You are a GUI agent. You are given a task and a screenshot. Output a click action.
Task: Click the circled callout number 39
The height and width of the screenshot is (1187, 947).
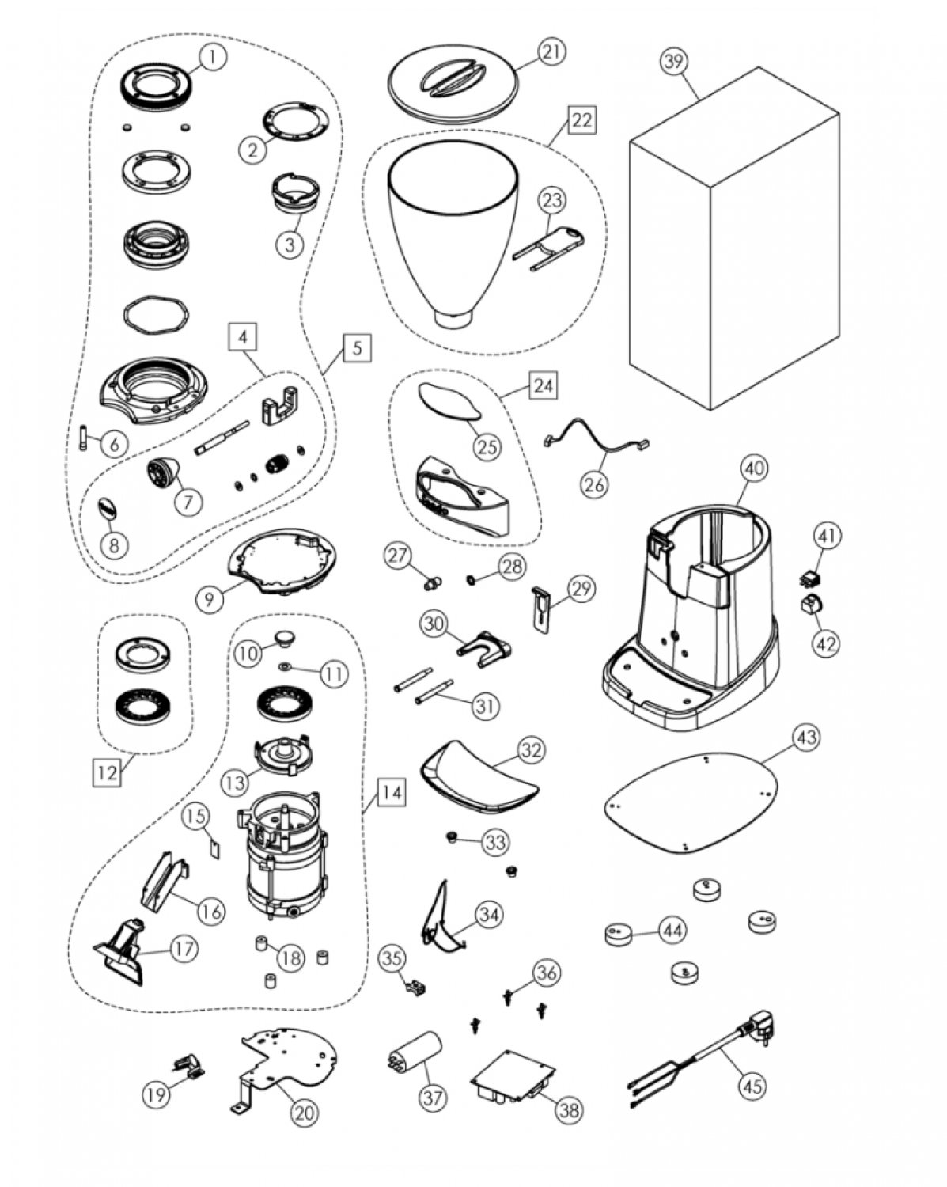pyautogui.click(x=673, y=63)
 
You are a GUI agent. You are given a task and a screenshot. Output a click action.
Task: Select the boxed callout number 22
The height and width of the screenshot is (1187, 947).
pyautogui.click(x=581, y=120)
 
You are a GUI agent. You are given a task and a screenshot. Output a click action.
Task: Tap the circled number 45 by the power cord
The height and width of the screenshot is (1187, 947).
pyautogui.click(x=752, y=1086)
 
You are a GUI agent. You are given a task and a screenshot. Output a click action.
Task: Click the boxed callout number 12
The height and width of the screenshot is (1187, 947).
pyautogui.click(x=108, y=772)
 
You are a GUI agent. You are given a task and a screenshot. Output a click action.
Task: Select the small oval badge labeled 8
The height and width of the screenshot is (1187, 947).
pyautogui.click(x=108, y=509)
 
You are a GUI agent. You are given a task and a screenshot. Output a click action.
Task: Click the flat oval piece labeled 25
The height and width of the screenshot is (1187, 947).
pyautogui.click(x=449, y=400)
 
